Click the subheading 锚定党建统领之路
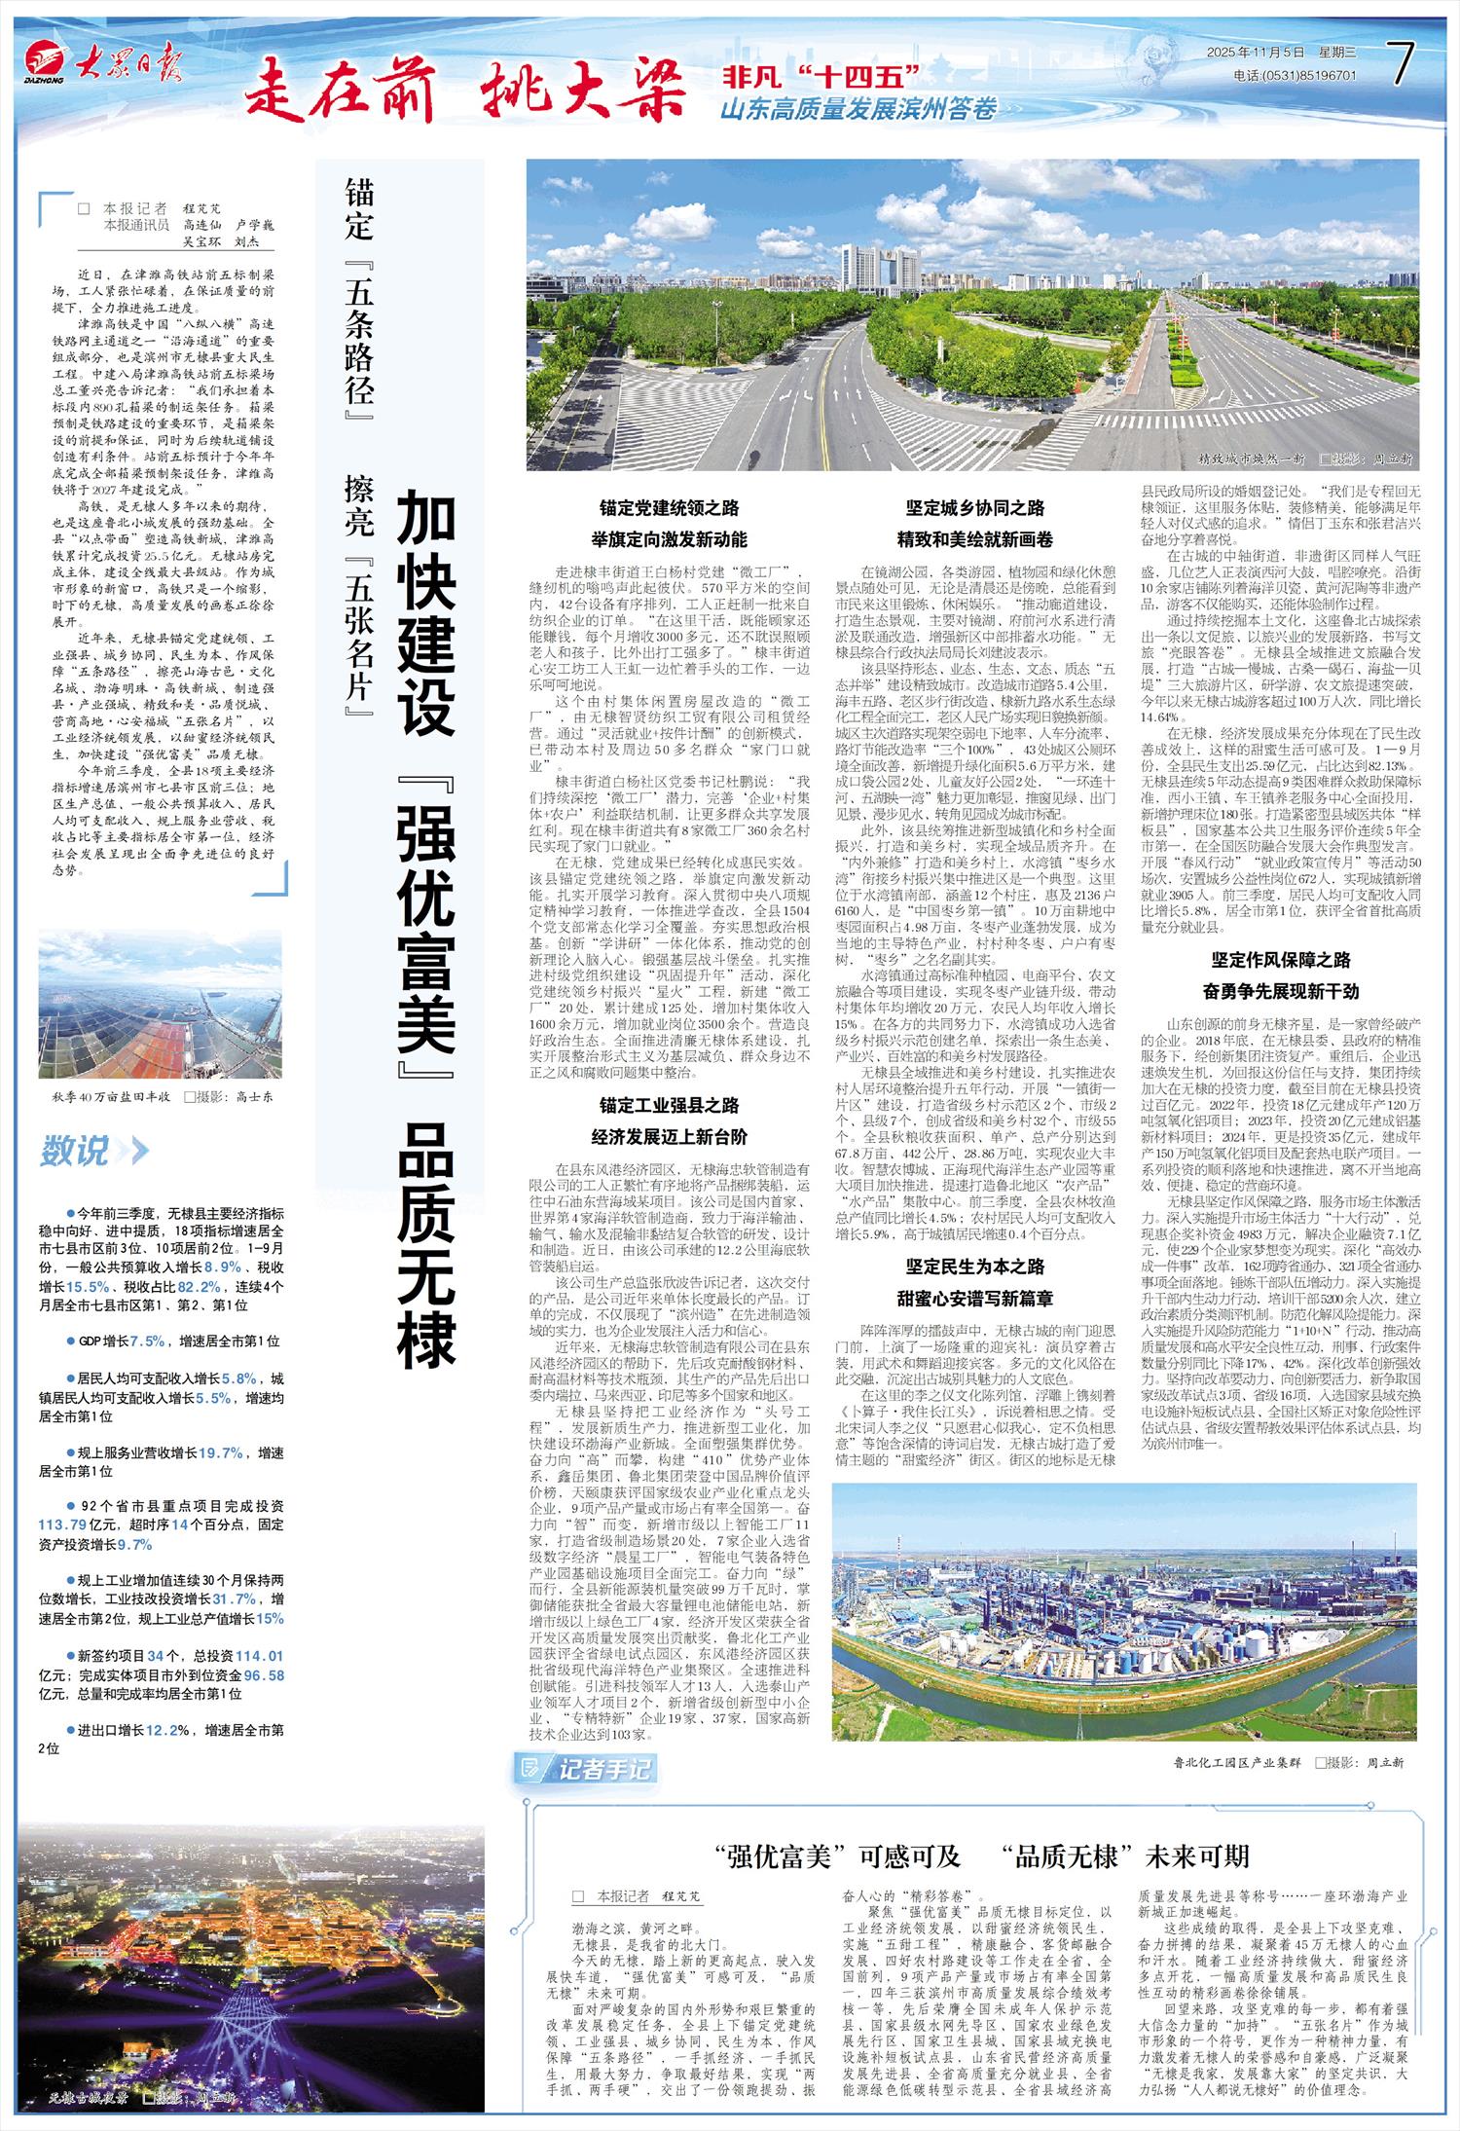(669, 507)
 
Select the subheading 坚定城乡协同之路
(975, 507)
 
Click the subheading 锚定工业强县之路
(669, 1105)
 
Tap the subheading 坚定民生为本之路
(975, 1266)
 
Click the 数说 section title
(75, 1153)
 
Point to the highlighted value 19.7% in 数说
(220, 1453)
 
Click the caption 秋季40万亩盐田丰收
(112, 1096)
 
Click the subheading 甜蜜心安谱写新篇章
(975, 1297)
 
